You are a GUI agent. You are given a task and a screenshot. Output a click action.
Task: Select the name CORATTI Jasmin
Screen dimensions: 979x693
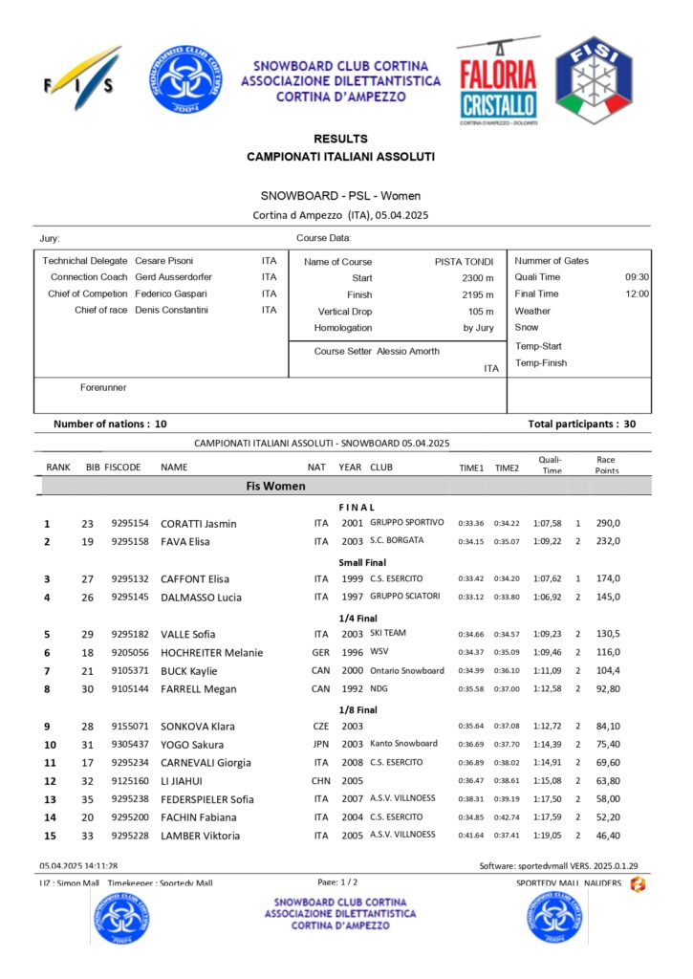click(x=199, y=523)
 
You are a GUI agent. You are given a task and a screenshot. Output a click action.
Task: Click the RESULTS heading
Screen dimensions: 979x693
click(x=340, y=139)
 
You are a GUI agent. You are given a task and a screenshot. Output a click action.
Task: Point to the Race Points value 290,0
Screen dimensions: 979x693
click(x=608, y=523)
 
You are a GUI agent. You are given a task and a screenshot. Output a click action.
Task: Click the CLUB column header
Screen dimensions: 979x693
click(x=381, y=468)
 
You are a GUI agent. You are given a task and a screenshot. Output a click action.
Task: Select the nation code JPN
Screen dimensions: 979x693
click(x=321, y=745)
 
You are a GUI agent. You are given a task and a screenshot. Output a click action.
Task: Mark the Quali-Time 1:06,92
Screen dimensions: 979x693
click(x=548, y=598)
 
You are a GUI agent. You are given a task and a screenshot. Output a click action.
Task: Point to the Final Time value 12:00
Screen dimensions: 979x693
click(x=638, y=294)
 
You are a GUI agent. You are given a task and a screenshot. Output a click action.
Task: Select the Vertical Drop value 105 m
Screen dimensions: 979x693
click(x=481, y=312)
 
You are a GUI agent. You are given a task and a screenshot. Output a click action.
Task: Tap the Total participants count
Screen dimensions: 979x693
click(x=631, y=423)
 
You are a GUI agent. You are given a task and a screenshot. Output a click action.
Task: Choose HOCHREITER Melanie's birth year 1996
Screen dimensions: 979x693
click(x=352, y=653)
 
